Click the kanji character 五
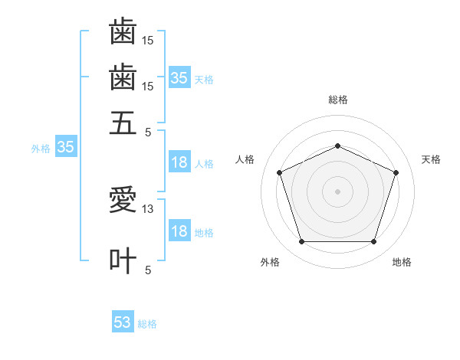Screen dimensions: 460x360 tap(123, 123)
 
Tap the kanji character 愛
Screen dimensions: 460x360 tap(123, 199)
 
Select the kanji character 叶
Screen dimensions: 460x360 tap(123, 260)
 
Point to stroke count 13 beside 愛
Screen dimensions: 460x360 tap(147, 209)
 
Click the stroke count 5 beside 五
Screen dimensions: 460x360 tap(148, 133)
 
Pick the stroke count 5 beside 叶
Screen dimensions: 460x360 tap(148, 270)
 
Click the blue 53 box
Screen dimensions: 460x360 tap(123, 321)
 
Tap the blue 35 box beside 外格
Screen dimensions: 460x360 tap(66, 146)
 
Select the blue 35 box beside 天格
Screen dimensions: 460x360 tap(180, 77)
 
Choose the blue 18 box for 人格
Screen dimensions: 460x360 tap(180, 162)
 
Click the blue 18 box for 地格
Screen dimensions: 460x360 tap(180, 230)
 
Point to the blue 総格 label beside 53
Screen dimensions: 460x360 tap(147, 324)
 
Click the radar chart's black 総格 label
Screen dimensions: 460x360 tap(338, 100)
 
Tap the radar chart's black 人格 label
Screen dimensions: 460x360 tap(245, 159)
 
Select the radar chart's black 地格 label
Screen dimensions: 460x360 tap(402, 262)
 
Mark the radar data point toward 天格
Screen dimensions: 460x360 tap(396, 172)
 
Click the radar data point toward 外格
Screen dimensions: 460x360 tap(302, 241)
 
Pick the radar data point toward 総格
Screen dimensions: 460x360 tap(337, 146)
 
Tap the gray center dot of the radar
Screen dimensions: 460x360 tap(337, 191)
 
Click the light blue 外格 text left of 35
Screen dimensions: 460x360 tap(41, 149)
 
